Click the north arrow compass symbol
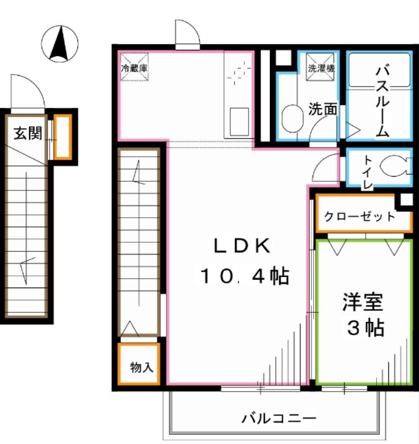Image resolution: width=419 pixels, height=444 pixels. pyautogui.click(x=60, y=44)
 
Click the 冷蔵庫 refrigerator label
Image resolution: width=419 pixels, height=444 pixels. pyautogui.click(x=135, y=68)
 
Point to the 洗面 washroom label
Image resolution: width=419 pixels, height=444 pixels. pyautogui.click(x=323, y=108)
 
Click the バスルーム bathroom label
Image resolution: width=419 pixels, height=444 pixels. pyautogui.click(x=383, y=101)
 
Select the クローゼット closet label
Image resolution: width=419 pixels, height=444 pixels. pyautogui.click(x=360, y=216)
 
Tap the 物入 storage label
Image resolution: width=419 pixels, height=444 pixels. pyautogui.click(x=141, y=367)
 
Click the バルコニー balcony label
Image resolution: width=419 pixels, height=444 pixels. pyautogui.click(x=280, y=418)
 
